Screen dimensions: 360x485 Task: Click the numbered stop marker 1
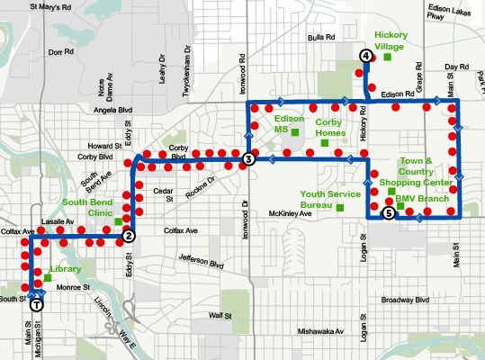pyautogui.click(x=36, y=304)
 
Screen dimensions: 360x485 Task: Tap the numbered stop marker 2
pyautogui.click(x=129, y=237)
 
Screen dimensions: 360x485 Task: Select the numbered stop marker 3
pyautogui.click(x=248, y=159)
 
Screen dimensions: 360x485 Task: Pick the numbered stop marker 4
pyautogui.click(x=365, y=56)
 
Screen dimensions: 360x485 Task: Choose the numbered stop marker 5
pyautogui.click(x=388, y=213)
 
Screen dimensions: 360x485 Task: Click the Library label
pyautogui.click(x=67, y=268)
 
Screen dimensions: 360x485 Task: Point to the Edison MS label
pyautogui.click(x=289, y=123)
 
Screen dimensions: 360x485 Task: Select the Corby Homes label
pyautogui.click(x=331, y=126)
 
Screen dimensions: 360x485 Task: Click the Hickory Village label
pyautogui.click(x=391, y=40)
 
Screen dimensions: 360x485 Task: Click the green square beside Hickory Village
pyautogui.click(x=387, y=57)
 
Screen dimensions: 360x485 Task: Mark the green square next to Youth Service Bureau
pyautogui.click(x=340, y=208)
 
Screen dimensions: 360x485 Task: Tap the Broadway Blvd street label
pyautogui.click(x=403, y=300)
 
